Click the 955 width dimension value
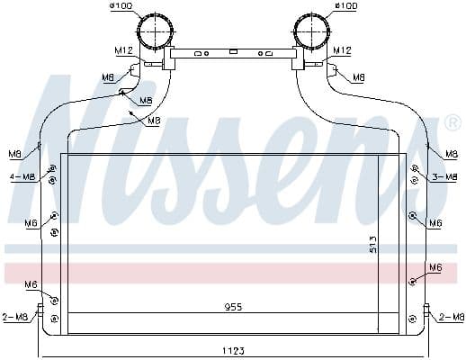[x=232, y=307]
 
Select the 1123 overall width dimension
[x=232, y=349]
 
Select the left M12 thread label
[x=123, y=50]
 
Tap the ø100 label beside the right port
[x=345, y=6]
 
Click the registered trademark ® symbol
[x=453, y=121]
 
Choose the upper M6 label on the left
[x=31, y=222]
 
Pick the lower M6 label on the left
[x=31, y=284]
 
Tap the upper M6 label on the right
[x=435, y=222]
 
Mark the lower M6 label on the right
[x=435, y=267]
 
